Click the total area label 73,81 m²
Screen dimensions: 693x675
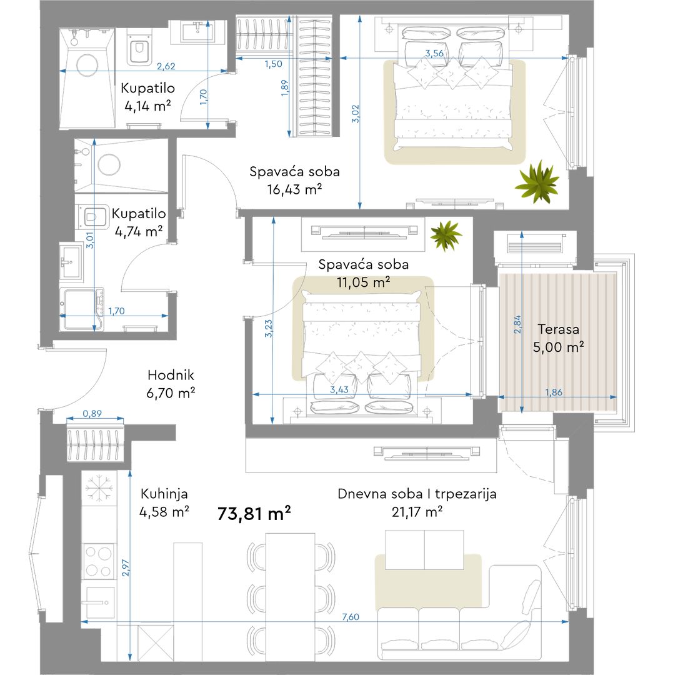pos(254,514)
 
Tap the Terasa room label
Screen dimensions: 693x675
pos(558,329)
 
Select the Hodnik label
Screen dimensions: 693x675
pos(171,375)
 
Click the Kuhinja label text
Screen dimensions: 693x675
pos(164,494)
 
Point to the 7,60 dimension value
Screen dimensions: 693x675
pos(351,617)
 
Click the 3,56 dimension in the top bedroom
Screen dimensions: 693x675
pos(434,53)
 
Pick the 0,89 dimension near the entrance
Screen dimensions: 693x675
pos(92,413)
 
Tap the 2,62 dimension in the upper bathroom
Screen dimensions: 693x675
pos(166,66)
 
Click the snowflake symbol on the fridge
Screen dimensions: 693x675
pos(99,488)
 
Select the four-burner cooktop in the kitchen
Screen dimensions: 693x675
pos(99,561)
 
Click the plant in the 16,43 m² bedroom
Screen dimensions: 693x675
pos(537,182)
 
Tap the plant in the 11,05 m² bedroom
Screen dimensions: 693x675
pos(446,235)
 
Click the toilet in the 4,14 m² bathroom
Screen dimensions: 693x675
pos(139,47)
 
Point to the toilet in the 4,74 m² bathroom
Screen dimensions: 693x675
pos(92,217)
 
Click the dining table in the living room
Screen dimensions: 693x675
pos(291,597)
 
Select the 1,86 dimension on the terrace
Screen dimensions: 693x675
pos(554,392)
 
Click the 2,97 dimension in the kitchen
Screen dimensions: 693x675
pos(126,567)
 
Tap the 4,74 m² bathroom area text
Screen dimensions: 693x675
pos(138,231)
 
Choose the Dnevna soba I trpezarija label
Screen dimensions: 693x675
pos(417,494)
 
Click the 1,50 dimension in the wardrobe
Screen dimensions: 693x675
pos(273,64)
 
